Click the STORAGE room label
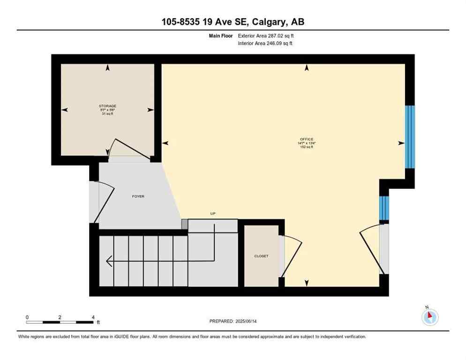108,106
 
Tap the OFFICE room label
307,139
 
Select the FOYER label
138,196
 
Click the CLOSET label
261,256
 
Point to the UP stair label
212,214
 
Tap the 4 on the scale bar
93,317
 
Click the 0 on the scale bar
27,317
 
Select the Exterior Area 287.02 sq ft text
266,36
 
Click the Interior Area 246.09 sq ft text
266,44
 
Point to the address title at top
233,22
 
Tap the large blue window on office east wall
410,136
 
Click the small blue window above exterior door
384,208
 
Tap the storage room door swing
129,149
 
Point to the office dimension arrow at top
307,68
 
